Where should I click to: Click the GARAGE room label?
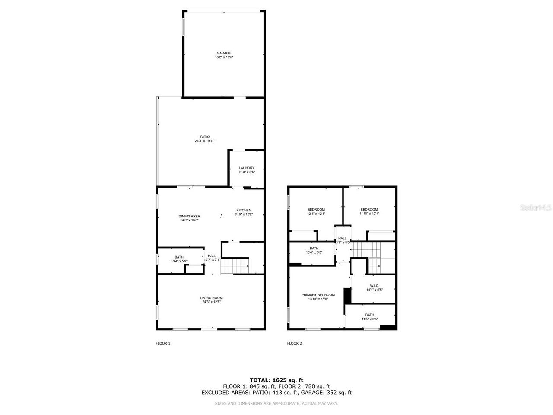pyautogui.click(x=224, y=53)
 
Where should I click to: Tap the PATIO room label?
pyautogui.click(x=204, y=137)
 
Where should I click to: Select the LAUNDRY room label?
pyautogui.click(x=247, y=168)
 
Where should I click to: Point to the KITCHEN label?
pyautogui.click(x=243, y=210)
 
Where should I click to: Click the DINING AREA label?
pyautogui.click(x=189, y=216)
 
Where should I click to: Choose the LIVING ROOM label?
pyautogui.click(x=211, y=298)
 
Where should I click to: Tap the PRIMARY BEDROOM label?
pyautogui.click(x=318, y=295)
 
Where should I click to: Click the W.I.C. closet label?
pyautogui.click(x=375, y=286)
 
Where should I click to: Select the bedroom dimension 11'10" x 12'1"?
pyautogui.click(x=369, y=214)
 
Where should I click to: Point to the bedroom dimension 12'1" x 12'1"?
pyautogui.click(x=316, y=214)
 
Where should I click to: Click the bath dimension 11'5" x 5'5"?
pyautogui.click(x=370, y=319)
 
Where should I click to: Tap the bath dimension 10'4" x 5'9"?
pyautogui.click(x=179, y=261)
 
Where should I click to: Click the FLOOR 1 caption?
pyautogui.click(x=163, y=344)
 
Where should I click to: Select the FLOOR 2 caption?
pyautogui.click(x=295, y=344)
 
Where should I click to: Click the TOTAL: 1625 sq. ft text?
pyautogui.click(x=276, y=380)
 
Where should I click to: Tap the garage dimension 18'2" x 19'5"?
pyautogui.click(x=224, y=57)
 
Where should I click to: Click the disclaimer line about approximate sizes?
pyautogui.click(x=276, y=403)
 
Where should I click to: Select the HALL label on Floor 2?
pyautogui.click(x=342, y=238)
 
